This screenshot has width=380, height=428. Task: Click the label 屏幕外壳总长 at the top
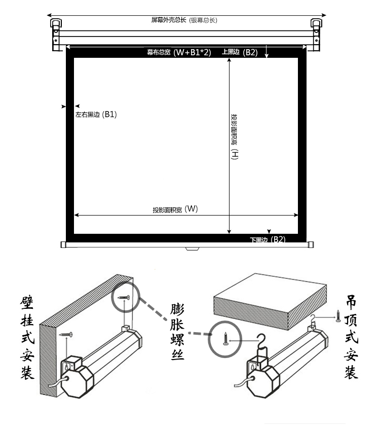pyautogui.click(x=169, y=20)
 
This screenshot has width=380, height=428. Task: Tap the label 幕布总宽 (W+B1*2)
pyautogui.click(x=179, y=52)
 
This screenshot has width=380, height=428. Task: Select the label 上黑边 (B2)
pyautogui.click(x=240, y=52)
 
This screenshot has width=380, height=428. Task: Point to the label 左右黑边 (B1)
pyautogui.click(x=96, y=115)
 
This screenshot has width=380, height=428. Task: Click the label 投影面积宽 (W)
pyautogui.click(x=175, y=209)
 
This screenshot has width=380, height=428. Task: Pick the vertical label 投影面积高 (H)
pyautogui.click(x=234, y=137)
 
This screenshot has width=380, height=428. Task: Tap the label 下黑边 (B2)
pyautogui.click(x=268, y=239)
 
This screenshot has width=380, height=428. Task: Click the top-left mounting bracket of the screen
pyautogui.click(x=56, y=34)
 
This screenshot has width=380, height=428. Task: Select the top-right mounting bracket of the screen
pyautogui.click(x=316, y=34)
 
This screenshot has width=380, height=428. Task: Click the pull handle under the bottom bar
pyautogui.click(x=193, y=248)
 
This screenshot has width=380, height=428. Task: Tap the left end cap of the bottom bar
pyautogui.click(x=63, y=244)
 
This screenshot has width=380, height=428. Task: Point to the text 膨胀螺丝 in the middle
pyautogui.click(x=177, y=331)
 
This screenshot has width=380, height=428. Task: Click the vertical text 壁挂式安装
pyautogui.click(x=27, y=338)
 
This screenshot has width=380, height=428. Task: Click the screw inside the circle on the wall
pyautogui.click(x=124, y=297)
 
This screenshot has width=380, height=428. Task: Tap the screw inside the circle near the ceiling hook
pyautogui.click(x=225, y=339)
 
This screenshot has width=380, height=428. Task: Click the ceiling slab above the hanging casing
pyautogui.click(x=270, y=301)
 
